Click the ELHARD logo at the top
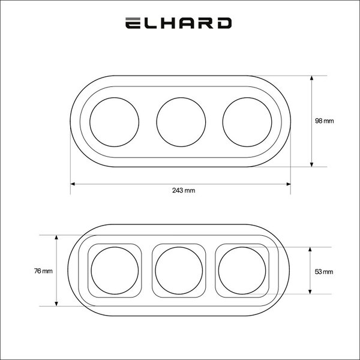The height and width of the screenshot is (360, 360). pyautogui.click(x=178, y=23)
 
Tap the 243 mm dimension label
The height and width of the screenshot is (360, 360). pyautogui.click(x=184, y=190)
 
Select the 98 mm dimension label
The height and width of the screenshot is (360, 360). pyautogui.click(x=324, y=121)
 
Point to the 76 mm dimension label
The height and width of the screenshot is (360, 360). pyautogui.click(x=43, y=271)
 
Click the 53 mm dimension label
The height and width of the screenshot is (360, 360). pyautogui.click(x=324, y=272)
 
